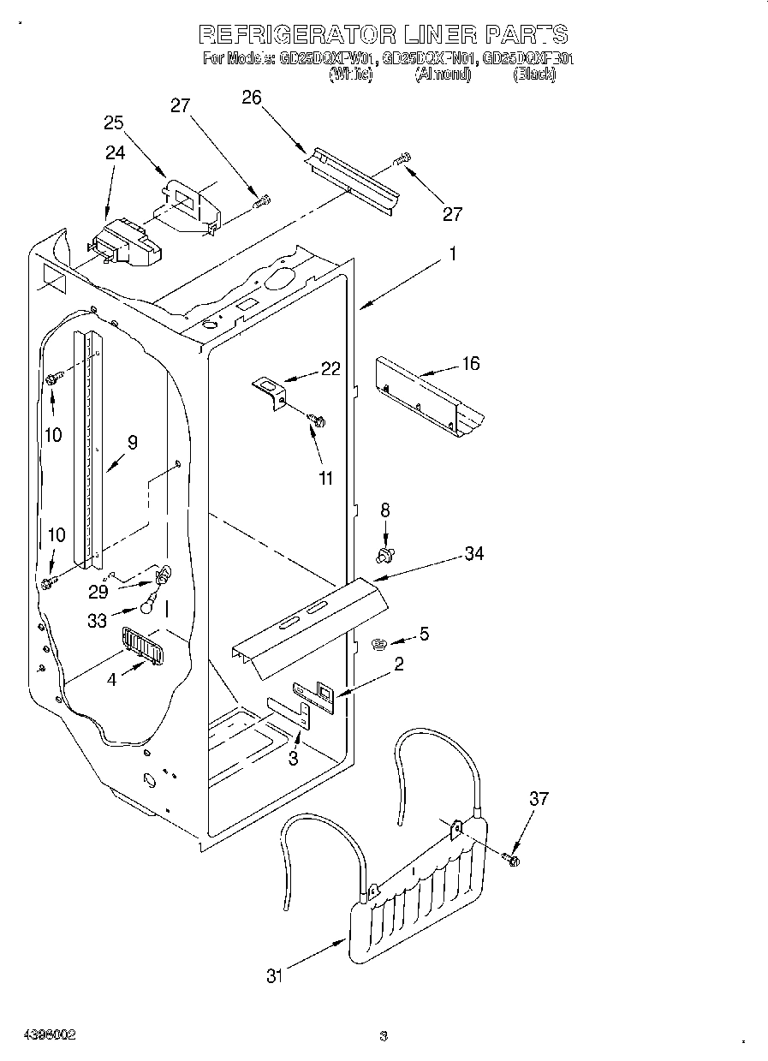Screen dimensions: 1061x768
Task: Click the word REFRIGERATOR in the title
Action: point(297,35)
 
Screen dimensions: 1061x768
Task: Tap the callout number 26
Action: point(251,98)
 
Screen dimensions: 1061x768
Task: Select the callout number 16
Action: point(470,363)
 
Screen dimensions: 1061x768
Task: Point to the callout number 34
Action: point(473,554)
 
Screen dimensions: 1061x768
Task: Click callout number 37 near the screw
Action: point(538,799)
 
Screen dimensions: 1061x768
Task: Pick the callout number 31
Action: point(274,975)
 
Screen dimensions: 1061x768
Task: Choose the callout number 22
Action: point(330,369)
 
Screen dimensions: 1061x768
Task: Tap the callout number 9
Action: point(132,443)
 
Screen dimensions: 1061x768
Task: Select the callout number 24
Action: point(115,152)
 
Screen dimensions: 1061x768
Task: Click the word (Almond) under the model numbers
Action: point(443,75)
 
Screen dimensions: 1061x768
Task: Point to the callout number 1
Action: point(453,254)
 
